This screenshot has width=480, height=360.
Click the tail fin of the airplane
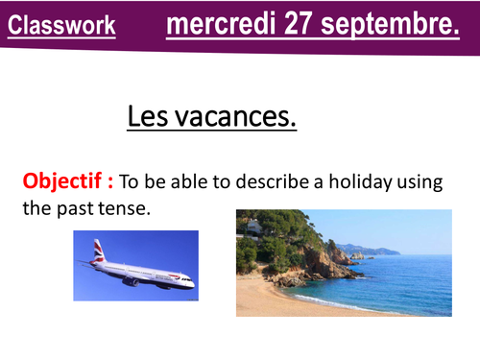98,252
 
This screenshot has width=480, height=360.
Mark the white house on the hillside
252,227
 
